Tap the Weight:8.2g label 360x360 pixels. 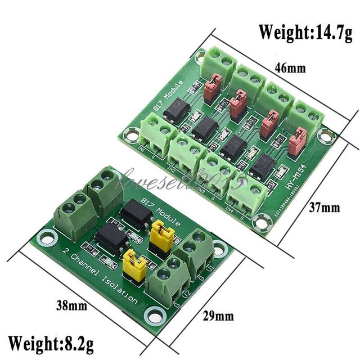51,342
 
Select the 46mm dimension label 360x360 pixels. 290,68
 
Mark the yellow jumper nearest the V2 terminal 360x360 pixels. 133,262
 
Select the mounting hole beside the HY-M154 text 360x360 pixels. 324,134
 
